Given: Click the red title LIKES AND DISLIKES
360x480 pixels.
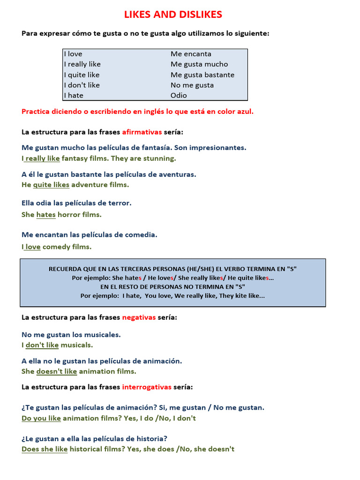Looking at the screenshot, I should tap(173, 15).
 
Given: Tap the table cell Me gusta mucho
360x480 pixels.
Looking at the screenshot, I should tap(199, 64).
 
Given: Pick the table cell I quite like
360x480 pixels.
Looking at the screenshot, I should tap(82, 75).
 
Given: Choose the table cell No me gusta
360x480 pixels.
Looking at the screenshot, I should tap(192, 85).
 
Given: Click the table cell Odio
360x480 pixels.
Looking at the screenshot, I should tap(179, 95).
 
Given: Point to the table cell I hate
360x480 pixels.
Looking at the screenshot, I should tap(74, 95).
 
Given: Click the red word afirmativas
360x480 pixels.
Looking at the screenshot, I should tap(142, 132).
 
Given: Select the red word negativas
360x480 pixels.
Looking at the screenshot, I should tap(139, 317).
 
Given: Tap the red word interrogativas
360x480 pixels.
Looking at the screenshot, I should tap(147, 387).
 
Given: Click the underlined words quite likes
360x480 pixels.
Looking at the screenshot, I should tap(51, 185).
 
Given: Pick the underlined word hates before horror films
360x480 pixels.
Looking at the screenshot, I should tap(46, 215).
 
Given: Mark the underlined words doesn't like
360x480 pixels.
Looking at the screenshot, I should tap(56, 371).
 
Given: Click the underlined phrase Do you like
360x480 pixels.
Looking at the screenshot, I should tap(41, 418).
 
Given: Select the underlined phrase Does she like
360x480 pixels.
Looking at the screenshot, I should tap(45, 449).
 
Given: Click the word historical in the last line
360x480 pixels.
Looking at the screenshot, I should tap(88, 449).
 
